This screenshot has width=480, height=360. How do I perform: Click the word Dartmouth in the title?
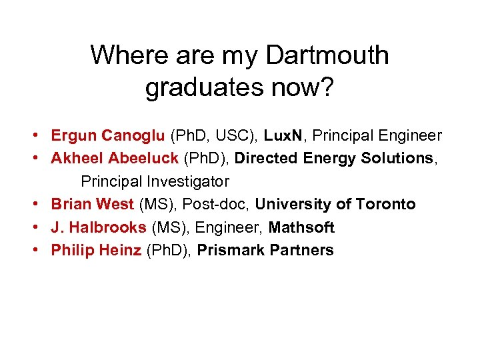327,55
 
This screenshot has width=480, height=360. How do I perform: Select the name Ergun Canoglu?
108,136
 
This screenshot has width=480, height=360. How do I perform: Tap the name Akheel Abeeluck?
115,159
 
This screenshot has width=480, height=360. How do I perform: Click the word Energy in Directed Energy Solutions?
330,159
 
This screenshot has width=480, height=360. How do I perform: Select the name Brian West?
92,204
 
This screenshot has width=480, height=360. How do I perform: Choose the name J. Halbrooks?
99,227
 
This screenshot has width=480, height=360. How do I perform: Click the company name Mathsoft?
301,227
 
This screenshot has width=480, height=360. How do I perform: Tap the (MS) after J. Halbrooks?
169,227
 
